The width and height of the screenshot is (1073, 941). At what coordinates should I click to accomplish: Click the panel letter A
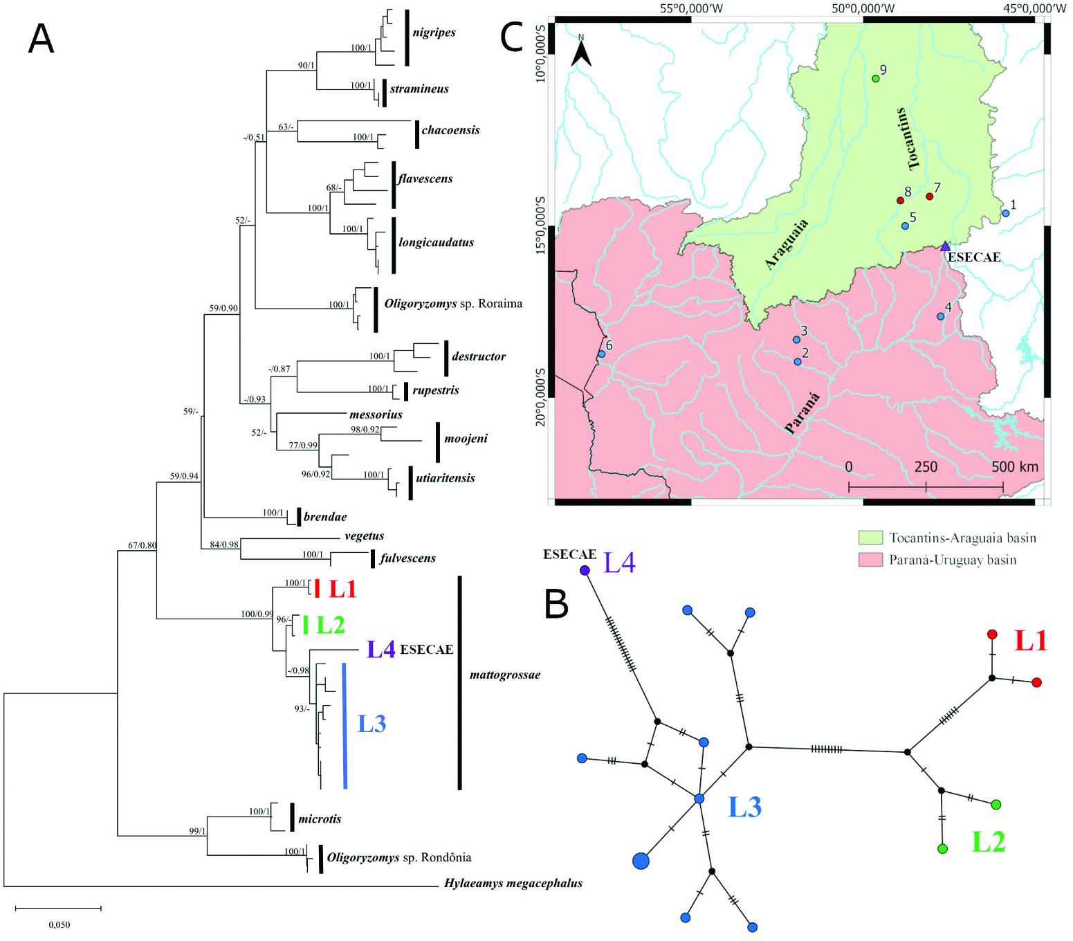tap(41, 39)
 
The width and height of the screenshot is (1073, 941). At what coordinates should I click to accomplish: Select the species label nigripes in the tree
tap(434, 33)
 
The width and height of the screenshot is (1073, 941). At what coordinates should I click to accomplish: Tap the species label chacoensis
tap(450, 130)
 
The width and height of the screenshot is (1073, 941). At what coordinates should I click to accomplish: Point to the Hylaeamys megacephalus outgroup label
tap(513, 883)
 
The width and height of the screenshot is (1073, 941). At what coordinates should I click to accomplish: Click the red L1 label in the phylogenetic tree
tap(342, 589)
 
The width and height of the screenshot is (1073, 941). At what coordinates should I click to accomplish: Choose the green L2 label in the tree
tap(330, 625)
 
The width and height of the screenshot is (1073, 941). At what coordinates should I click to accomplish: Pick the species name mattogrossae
tap(505, 675)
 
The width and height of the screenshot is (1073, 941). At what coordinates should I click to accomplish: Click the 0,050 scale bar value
tap(59, 924)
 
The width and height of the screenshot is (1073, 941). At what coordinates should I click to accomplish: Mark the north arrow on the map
tap(581, 52)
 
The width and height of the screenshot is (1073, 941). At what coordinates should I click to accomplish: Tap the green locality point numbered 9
tap(875, 78)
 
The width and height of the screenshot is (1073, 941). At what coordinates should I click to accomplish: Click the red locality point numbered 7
tap(929, 197)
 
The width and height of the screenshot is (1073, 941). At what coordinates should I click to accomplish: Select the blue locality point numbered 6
tap(601, 354)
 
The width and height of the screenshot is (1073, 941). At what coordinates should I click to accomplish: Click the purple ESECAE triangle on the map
tap(945, 246)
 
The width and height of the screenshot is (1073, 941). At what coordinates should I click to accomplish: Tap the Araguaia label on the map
tap(787, 244)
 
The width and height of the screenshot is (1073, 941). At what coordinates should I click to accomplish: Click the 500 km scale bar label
tap(1014, 467)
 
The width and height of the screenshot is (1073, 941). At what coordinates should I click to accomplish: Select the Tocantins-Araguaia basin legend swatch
tap(870, 538)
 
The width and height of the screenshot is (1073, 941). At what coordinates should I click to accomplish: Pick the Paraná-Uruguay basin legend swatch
tap(870, 560)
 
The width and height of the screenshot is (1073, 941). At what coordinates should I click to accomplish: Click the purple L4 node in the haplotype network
tap(585, 570)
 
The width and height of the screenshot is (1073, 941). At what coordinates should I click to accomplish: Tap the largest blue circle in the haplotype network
tap(641, 861)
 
